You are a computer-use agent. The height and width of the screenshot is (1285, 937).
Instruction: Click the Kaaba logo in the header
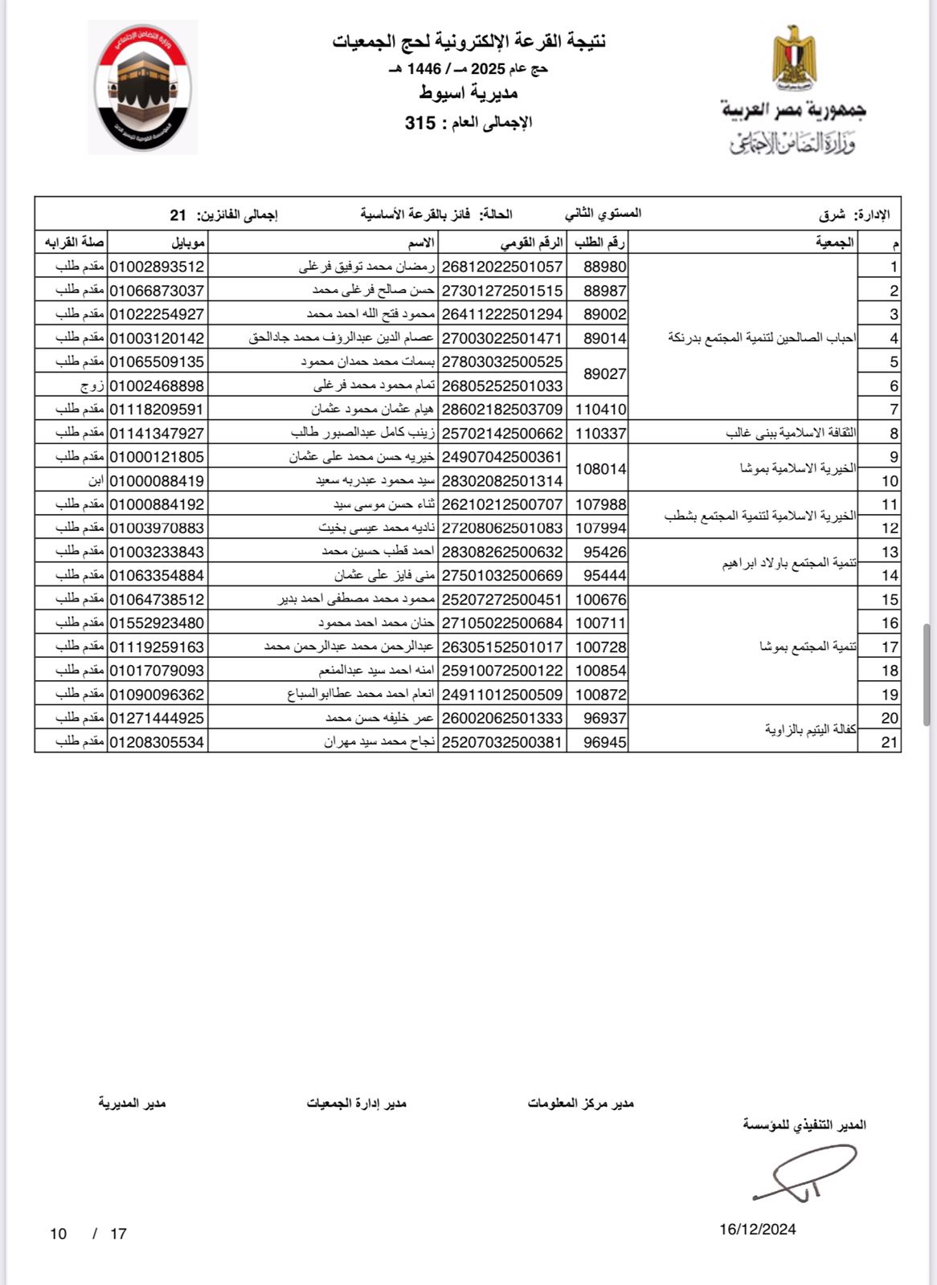click(142, 87)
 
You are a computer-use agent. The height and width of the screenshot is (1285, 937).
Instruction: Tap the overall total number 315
click(420, 123)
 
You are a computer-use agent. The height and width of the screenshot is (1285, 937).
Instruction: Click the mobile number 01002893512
click(158, 267)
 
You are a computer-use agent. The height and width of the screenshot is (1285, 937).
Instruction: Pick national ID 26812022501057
click(502, 267)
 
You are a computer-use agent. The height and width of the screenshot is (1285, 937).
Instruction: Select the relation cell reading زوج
click(92, 385)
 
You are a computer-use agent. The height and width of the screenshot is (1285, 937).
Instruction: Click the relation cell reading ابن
click(96, 480)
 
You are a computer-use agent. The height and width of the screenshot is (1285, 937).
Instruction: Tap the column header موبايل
click(188, 243)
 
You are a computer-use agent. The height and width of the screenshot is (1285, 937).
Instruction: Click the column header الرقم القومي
click(531, 243)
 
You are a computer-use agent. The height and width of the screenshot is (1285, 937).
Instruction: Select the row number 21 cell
click(889, 742)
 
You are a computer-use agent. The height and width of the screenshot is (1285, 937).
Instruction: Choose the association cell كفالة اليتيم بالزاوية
click(809, 729)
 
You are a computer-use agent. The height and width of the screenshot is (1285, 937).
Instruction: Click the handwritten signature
click(804, 1173)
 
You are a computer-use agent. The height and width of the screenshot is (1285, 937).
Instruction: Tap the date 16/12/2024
click(757, 1229)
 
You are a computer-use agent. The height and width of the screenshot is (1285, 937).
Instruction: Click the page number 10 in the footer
click(58, 1234)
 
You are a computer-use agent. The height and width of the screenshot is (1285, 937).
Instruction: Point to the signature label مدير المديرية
click(132, 1103)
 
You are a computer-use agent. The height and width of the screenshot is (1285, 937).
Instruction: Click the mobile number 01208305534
click(158, 742)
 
